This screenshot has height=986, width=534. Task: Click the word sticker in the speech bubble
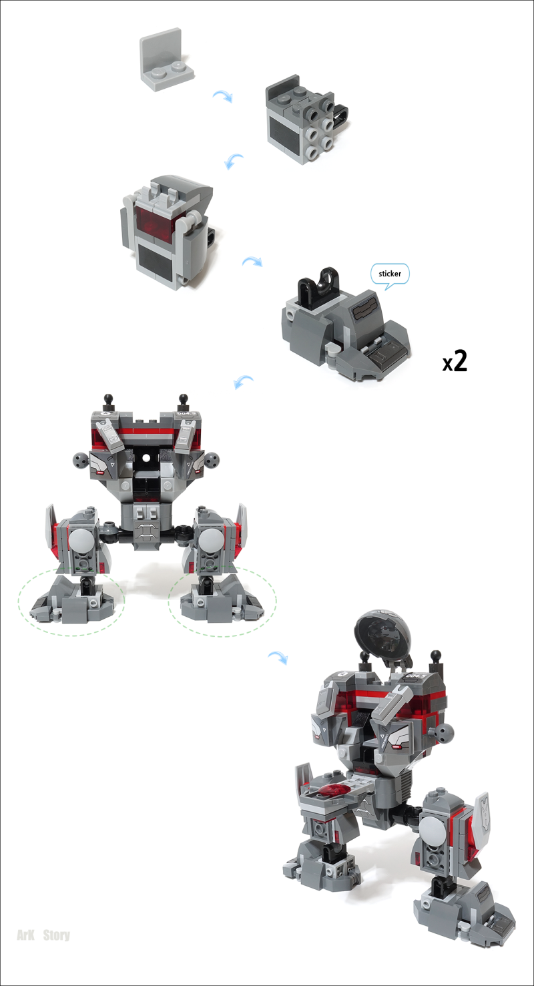click(390, 273)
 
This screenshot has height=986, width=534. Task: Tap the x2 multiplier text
click(455, 361)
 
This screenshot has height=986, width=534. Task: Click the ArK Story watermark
click(43, 935)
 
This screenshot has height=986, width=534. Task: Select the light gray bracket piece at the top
click(166, 60)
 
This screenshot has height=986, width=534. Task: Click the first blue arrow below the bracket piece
click(223, 96)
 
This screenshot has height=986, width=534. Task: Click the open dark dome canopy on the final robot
click(384, 638)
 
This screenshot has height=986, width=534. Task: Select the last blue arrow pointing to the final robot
click(278, 658)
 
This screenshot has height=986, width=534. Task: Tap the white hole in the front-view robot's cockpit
click(146, 458)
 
